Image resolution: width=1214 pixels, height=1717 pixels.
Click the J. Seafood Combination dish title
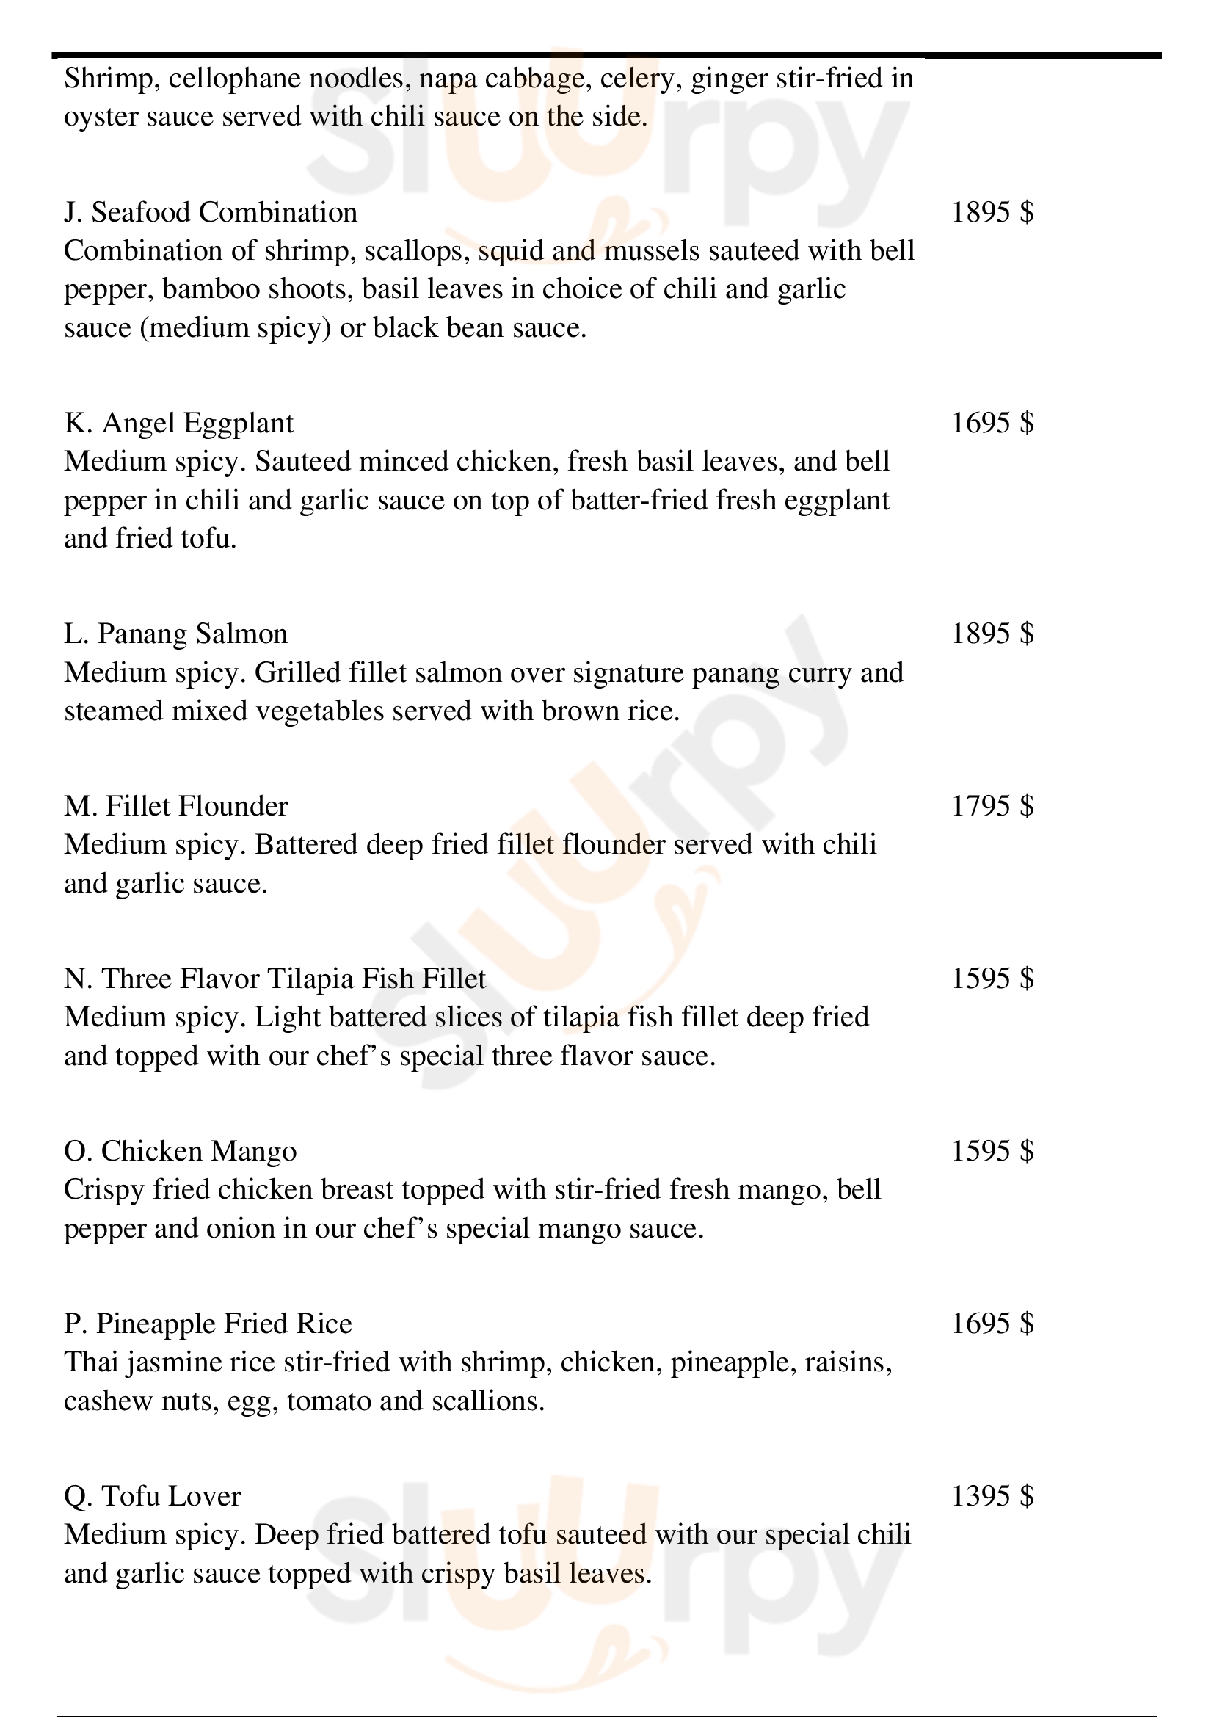(x=210, y=213)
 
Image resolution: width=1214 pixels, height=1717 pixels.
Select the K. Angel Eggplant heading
(x=178, y=424)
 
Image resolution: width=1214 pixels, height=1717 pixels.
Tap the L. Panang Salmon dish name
(x=175, y=634)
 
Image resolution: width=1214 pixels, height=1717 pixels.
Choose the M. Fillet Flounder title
(x=175, y=806)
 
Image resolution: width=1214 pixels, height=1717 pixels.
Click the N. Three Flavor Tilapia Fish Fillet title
(x=275, y=979)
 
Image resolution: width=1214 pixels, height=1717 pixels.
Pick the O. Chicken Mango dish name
(x=180, y=1151)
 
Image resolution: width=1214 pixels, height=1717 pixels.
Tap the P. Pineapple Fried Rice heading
(x=208, y=1324)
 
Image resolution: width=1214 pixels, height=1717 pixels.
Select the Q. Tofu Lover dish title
(x=153, y=1495)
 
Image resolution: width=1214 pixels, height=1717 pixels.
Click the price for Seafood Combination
(x=992, y=213)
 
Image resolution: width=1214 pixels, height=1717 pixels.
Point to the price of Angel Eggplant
(x=992, y=424)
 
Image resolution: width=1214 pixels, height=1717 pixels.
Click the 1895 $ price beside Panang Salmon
(x=992, y=634)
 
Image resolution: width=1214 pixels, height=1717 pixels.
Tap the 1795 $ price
(x=992, y=806)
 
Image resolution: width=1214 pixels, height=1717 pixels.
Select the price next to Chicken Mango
(x=992, y=1151)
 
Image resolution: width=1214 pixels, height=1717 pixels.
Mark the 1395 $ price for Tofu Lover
(x=992, y=1495)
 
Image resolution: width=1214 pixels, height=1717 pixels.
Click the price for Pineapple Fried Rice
(x=992, y=1324)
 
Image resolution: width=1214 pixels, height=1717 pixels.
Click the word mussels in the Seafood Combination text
(x=651, y=251)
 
